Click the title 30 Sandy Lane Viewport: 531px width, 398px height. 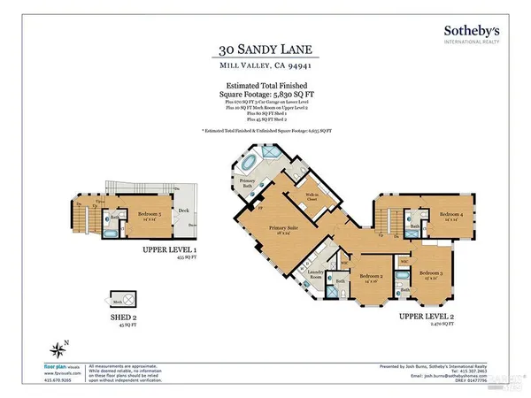(265, 50)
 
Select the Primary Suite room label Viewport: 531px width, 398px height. (284, 229)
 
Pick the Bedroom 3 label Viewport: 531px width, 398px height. (431, 273)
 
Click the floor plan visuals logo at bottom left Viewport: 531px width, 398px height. (61, 364)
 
